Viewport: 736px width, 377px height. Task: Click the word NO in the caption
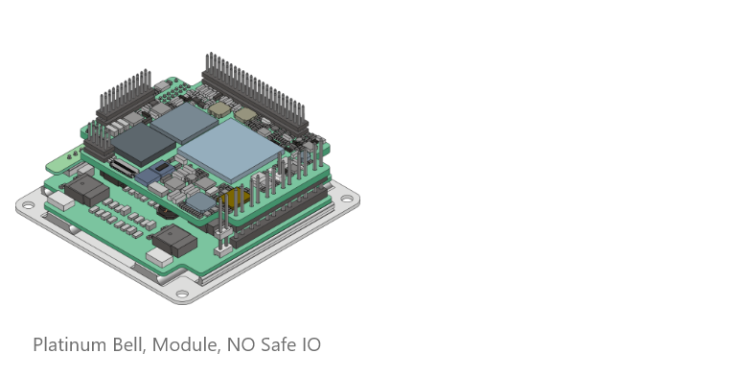[239, 344]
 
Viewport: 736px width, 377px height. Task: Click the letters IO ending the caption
[311, 344]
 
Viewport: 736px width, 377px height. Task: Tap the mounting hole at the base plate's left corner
[28, 205]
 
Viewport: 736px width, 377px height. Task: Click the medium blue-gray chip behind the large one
[184, 121]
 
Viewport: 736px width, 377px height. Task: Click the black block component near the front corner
[170, 241]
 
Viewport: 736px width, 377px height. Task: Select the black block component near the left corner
[86, 189]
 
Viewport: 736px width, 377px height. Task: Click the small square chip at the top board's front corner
[200, 201]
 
